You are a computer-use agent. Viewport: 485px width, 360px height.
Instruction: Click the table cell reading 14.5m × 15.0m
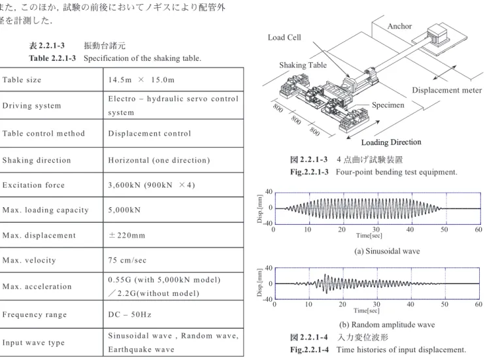[x=141, y=80]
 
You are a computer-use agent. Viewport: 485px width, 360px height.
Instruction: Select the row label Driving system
[x=31, y=106]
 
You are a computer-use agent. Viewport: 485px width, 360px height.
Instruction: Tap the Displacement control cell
[x=150, y=133]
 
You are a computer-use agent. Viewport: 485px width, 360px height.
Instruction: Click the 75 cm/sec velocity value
[x=127, y=261]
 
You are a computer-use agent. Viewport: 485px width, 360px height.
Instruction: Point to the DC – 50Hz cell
[x=129, y=314]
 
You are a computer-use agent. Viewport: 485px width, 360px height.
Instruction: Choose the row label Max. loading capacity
[x=46, y=210]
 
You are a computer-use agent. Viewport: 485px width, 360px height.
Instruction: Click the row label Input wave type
[x=33, y=342]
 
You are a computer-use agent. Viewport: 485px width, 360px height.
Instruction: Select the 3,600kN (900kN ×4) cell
[x=152, y=185]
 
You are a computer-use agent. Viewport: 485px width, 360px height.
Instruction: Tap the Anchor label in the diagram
[x=399, y=26]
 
